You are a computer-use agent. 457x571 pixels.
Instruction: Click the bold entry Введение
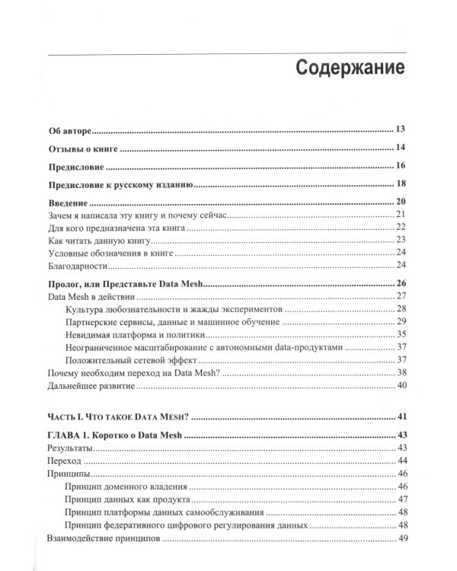pyautogui.click(x=68, y=203)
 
